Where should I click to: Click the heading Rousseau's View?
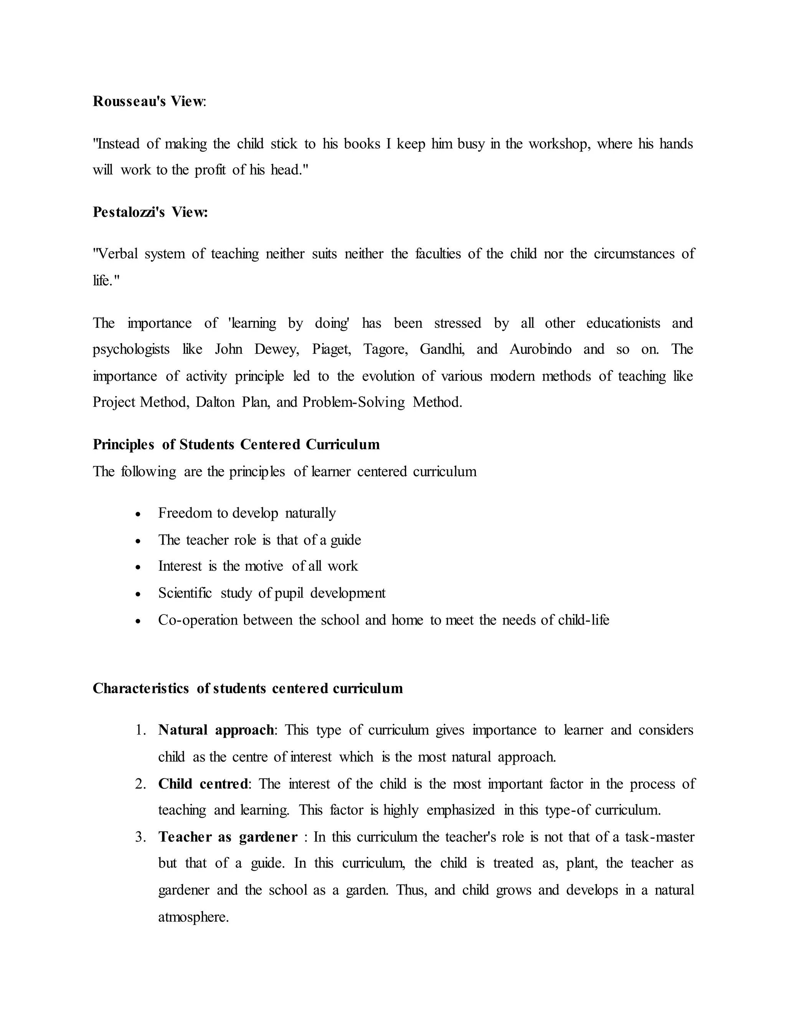pos(149,101)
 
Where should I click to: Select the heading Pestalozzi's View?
pos(150,212)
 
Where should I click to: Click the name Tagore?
pos(385,349)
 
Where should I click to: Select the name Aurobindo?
pos(540,349)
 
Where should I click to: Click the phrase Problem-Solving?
pos(353,402)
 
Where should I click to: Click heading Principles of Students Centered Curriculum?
pos(236,445)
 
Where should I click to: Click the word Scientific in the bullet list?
pos(185,593)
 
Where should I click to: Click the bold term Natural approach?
pos(216,730)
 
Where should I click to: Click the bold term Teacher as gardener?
pos(228,837)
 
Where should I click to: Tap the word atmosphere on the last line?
pos(193,917)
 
